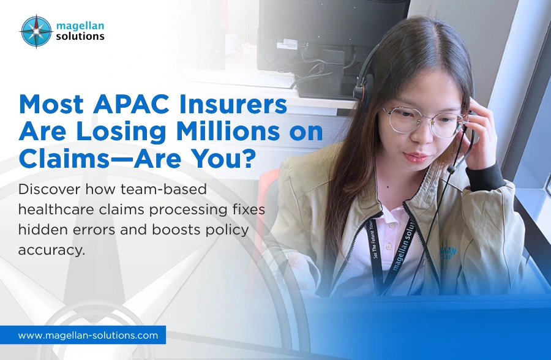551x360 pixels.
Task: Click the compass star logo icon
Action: click(x=36, y=31)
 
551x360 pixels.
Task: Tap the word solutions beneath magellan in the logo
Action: click(x=81, y=37)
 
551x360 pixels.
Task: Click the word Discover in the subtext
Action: click(x=47, y=189)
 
